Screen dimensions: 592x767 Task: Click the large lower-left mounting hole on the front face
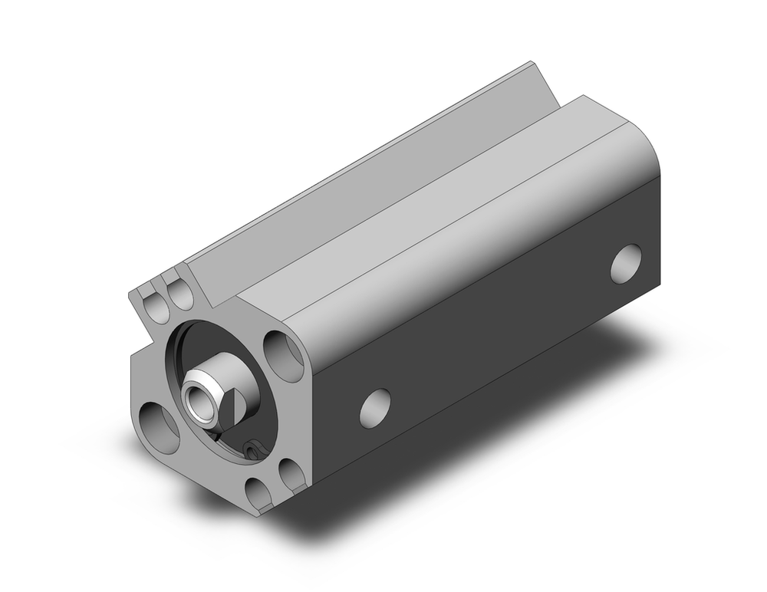coord(158,420)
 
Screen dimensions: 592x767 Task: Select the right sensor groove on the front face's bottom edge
coord(291,472)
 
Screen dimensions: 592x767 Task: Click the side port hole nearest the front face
coord(374,407)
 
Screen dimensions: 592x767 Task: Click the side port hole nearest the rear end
coord(627,263)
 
